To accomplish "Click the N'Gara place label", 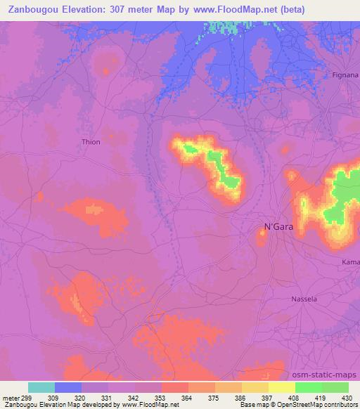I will [x=278, y=226].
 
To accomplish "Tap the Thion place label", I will [x=91, y=142].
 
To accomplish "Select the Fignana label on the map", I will [x=345, y=74].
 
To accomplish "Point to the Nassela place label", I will [x=304, y=299].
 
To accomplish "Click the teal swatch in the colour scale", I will [x=41, y=387].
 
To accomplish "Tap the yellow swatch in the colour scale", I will [x=282, y=387].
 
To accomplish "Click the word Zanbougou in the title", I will [x=37, y=8].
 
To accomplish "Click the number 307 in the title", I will [x=139, y=8].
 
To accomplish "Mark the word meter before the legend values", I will [x=12, y=397].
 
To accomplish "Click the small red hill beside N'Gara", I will [x=262, y=238].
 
